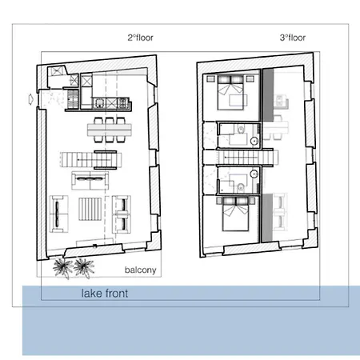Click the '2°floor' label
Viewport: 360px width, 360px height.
point(140,38)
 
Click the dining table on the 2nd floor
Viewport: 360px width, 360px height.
point(108,128)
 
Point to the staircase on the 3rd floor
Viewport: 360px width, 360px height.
point(237,158)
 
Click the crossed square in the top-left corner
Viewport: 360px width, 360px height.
point(58,73)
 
